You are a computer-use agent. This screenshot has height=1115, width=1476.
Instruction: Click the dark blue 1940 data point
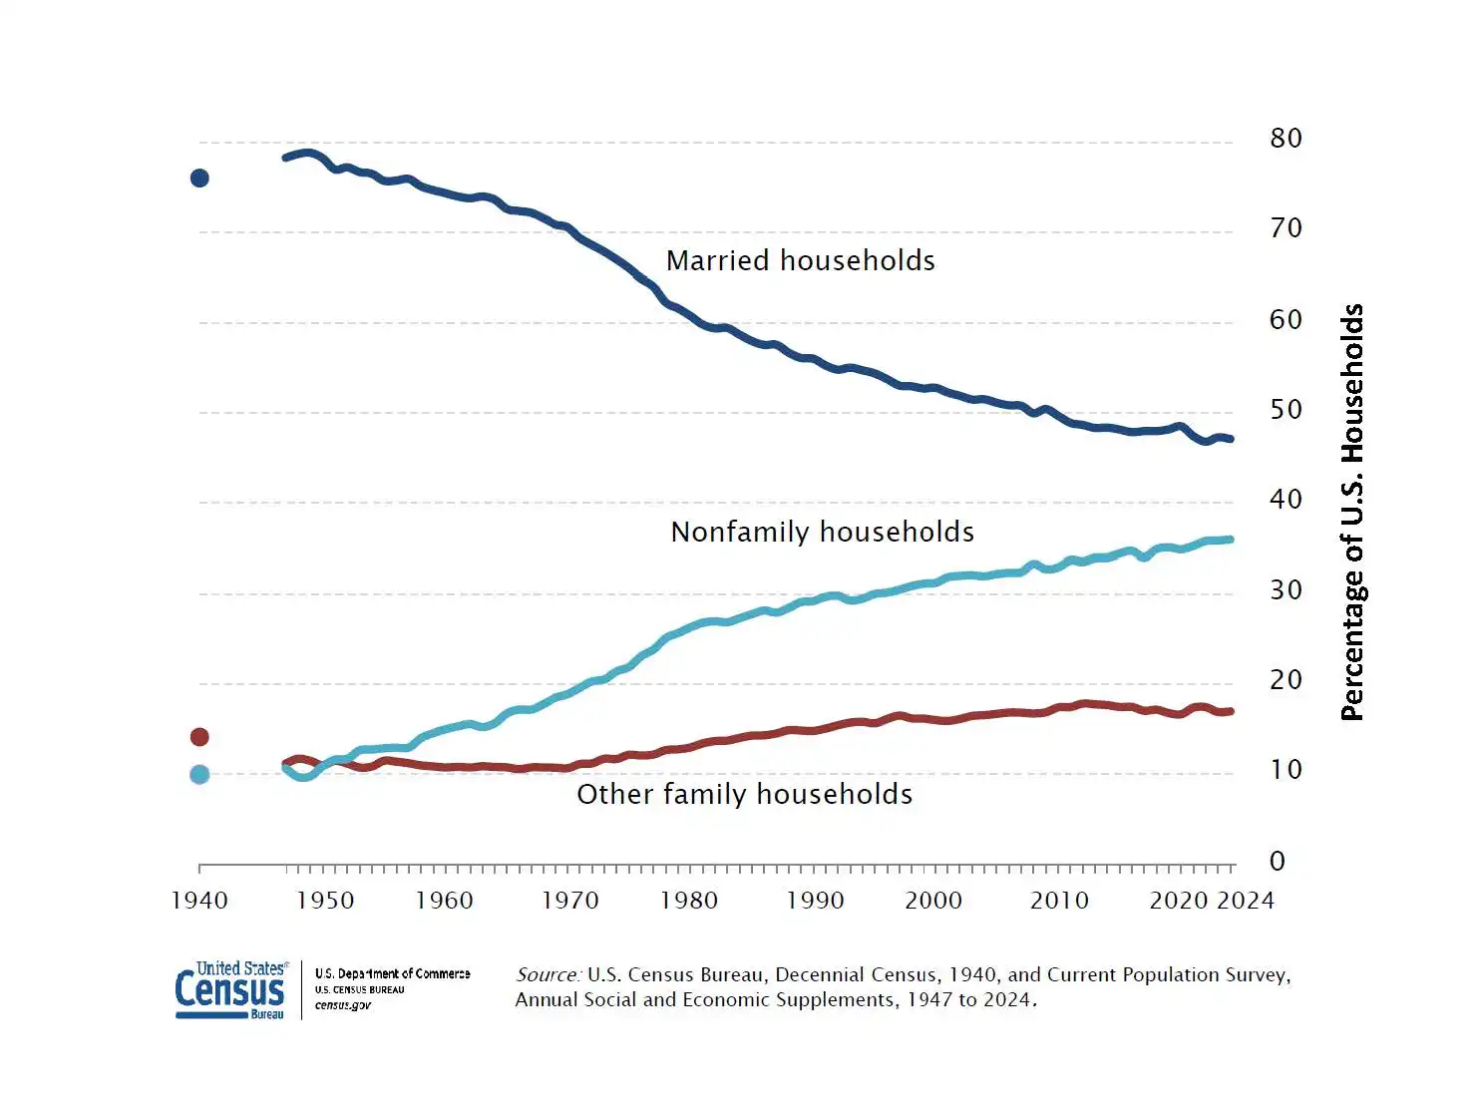point(199,179)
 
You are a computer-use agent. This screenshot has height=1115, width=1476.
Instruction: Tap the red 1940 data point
point(199,737)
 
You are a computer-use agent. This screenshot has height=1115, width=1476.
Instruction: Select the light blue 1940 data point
point(199,775)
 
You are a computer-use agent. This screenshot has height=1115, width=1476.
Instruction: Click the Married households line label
point(801,261)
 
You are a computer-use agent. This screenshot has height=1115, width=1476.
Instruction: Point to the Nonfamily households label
point(823,533)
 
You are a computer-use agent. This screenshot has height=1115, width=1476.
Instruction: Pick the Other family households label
point(745,795)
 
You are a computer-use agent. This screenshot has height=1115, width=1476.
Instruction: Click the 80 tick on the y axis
point(1286,139)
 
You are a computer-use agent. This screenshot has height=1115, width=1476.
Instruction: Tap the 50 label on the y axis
point(1286,410)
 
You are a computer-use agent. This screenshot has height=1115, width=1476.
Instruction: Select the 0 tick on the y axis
point(1278,862)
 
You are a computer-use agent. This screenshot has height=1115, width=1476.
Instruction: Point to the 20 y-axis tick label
point(1286,680)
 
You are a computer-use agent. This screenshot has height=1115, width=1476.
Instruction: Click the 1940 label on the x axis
point(199,901)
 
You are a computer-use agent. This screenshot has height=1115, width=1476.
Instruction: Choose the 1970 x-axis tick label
point(569,901)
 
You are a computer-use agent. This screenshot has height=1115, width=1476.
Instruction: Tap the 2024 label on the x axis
point(1246,901)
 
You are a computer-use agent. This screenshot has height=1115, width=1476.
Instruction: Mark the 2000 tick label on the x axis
point(933,901)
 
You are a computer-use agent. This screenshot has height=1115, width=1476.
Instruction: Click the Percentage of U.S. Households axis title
point(1352,513)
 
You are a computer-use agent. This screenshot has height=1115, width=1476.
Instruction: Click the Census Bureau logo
point(231,989)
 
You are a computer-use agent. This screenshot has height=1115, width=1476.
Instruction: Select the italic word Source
point(548,975)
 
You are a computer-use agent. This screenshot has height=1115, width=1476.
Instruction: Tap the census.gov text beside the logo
point(343,1005)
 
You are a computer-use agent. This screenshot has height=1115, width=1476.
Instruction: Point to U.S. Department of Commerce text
point(392,973)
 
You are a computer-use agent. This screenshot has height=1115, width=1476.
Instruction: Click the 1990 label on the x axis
point(815,901)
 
